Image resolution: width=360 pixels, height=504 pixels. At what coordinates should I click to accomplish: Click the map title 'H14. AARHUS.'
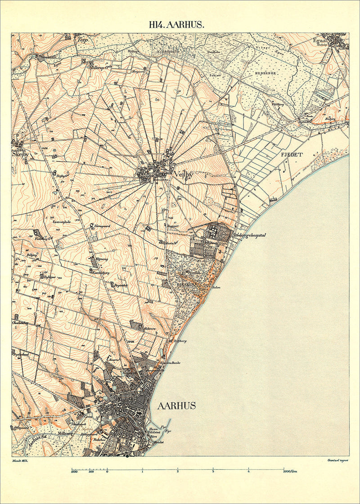pyautogui.click(x=176, y=25)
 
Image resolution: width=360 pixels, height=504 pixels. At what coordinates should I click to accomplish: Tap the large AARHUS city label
pyautogui.click(x=176, y=406)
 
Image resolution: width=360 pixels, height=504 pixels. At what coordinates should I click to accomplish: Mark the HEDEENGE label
pyautogui.click(x=265, y=72)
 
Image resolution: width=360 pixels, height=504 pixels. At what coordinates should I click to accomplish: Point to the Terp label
pyautogui.click(x=82, y=40)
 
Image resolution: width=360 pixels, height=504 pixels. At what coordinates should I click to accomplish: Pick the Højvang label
pyautogui.click(x=103, y=260)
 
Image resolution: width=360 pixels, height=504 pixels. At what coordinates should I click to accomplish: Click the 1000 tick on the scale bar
pyautogui.click(x=74, y=472)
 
